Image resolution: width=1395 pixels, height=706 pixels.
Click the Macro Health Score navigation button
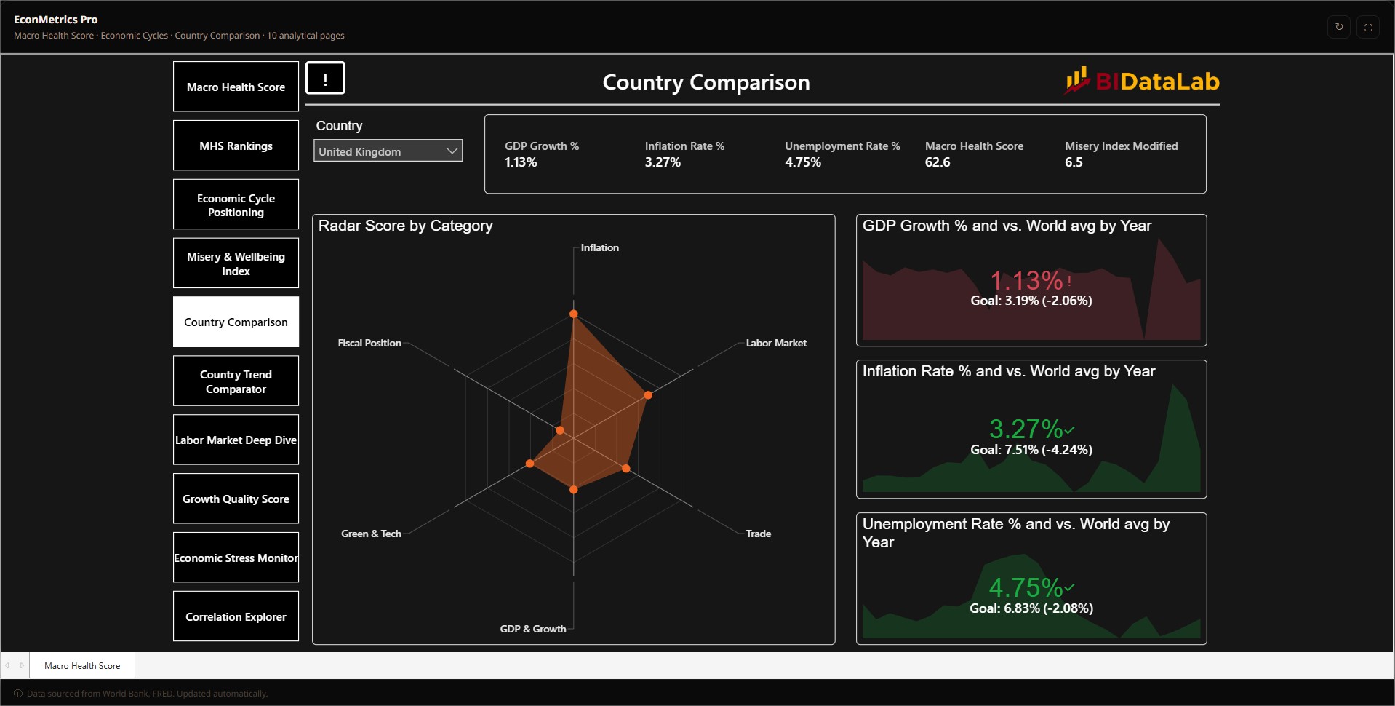click(x=236, y=87)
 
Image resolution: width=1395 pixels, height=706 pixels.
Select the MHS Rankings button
click(x=236, y=146)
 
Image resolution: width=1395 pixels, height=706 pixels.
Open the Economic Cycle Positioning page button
click(x=236, y=205)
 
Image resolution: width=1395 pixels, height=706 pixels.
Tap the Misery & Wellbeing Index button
click(x=236, y=263)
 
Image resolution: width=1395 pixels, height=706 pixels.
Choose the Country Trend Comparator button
click(x=236, y=381)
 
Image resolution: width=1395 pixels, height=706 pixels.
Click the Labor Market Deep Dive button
click(x=236, y=440)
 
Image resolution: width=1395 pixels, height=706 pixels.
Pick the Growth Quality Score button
click(x=236, y=499)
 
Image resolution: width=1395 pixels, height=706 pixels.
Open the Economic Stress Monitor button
click(x=236, y=558)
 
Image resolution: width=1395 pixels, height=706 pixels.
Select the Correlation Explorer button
click(x=236, y=616)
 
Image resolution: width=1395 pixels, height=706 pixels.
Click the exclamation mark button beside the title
click(x=325, y=78)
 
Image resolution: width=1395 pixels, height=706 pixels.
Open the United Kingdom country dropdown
click(x=388, y=151)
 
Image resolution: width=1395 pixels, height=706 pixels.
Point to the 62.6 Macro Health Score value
click(x=938, y=162)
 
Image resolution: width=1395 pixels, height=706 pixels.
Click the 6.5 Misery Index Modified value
click(x=1074, y=162)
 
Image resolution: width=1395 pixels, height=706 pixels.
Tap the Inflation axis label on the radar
click(x=599, y=247)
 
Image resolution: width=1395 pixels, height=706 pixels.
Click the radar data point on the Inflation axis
click(x=573, y=314)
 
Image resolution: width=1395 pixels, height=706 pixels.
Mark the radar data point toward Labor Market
click(x=648, y=395)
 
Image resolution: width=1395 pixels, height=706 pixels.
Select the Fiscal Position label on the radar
click(x=369, y=343)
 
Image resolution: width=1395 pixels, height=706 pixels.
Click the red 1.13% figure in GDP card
click(x=1026, y=280)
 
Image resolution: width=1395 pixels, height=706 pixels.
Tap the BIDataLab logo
click(x=1142, y=81)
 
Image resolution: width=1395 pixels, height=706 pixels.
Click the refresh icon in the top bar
click(x=1339, y=27)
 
